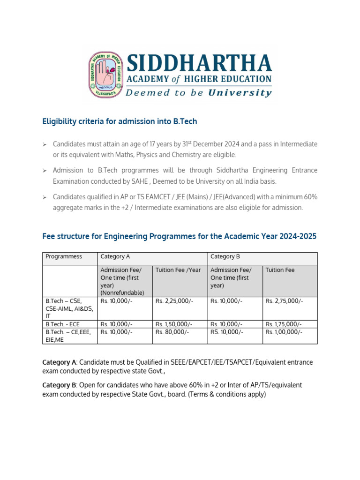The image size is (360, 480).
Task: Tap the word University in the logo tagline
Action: [x=240, y=92]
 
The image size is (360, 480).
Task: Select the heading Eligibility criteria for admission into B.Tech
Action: [x=120, y=121]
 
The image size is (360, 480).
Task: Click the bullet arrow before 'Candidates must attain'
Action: [x=45, y=144]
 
